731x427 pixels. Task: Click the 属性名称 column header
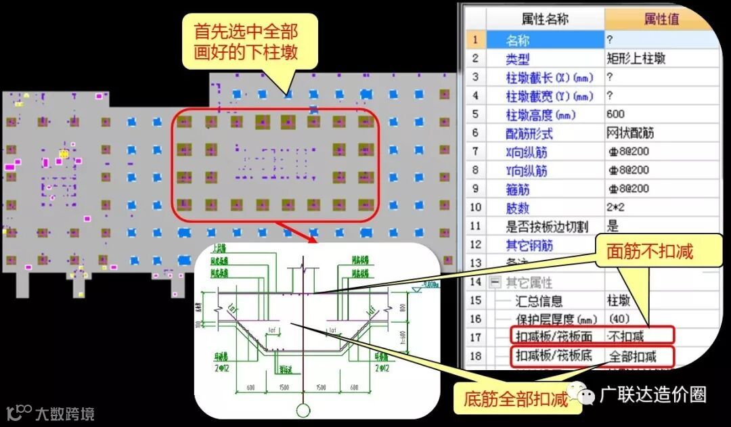tap(545, 19)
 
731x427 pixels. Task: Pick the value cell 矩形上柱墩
tap(636, 59)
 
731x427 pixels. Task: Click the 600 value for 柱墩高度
tap(616, 114)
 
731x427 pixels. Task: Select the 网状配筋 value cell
tap(627, 133)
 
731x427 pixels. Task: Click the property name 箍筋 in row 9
tap(519, 189)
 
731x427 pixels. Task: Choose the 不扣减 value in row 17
tap(627, 336)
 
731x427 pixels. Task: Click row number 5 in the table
tap(475, 114)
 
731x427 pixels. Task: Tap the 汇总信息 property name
tap(539, 300)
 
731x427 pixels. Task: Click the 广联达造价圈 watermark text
tap(653, 395)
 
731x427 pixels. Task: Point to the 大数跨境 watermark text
tap(65, 413)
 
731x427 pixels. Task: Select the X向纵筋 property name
tap(527, 152)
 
